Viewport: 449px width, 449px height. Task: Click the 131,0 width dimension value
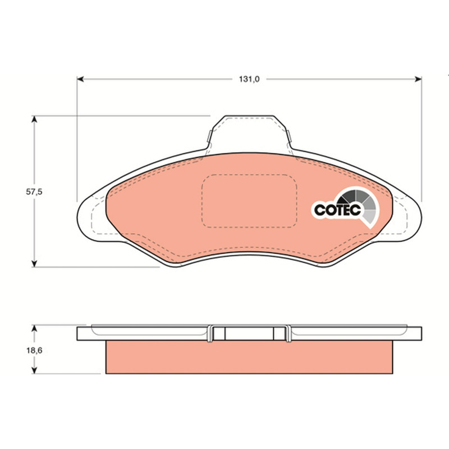pos(249,79)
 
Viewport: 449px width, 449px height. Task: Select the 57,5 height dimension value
pos(34,192)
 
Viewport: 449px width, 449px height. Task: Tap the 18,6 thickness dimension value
pos(34,350)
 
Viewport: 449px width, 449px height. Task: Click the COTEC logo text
pos(337,210)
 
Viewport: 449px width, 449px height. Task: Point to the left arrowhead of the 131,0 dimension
pos(80,79)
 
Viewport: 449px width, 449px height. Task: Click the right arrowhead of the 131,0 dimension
pos(418,79)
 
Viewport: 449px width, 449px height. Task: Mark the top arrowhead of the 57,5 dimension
pos(34,119)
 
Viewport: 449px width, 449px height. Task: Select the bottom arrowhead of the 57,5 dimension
pos(34,264)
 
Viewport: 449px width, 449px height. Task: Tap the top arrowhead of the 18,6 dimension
pos(34,328)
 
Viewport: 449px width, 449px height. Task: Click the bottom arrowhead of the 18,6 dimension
pos(34,370)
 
